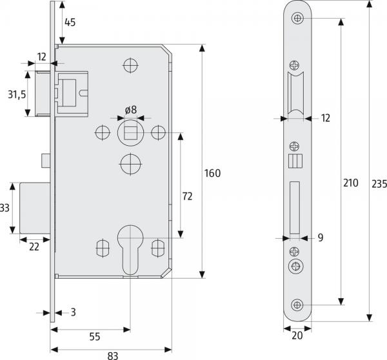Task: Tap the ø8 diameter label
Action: coord(130,109)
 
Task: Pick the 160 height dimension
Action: coord(212,173)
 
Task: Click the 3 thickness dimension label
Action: coord(74,313)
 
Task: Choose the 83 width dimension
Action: coord(112,354)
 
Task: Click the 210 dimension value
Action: coord(350,183)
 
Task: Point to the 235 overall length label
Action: coord(379,183)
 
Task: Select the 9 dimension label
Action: coord(320,238)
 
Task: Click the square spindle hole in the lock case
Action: coord(130,133)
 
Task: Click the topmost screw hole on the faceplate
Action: coord(297,19)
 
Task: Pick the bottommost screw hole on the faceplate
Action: coord(297,305)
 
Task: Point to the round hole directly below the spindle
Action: coord(130,165)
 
